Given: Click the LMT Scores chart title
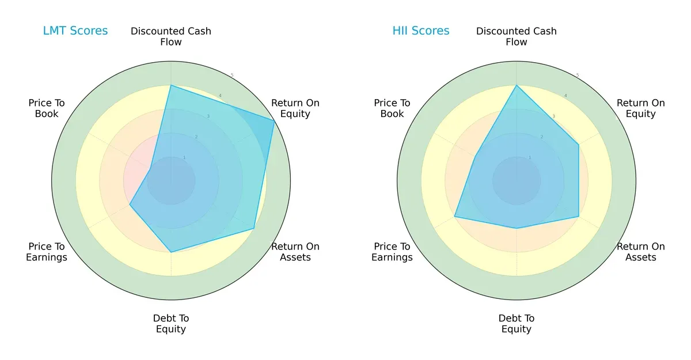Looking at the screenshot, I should pyautogui.click(x=75, y=31).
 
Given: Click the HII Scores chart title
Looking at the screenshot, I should pyautogui.click(x=421, y=31).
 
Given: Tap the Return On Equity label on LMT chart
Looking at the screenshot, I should pyautogui.click(x=295, y=108).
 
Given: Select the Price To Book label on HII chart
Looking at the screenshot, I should pyautogui.click(x=392, y=108).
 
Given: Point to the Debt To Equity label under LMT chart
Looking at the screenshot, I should pyautogui.click(x=171, y=324).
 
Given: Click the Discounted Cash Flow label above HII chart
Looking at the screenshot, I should pyautogui.click(x=517, y=36).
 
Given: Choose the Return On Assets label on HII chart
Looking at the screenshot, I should pyautogui.click(x=640, y=252).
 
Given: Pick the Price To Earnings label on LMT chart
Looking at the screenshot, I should pyautogui.click(x=47, y=252).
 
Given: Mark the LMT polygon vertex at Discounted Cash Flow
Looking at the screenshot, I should pyautogui.click(x=171, y=86).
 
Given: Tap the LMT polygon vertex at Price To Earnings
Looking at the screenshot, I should pyautogui.click(x=130, y=205).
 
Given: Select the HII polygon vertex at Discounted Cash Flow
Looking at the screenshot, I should pyautogui.click(x=517, y=86).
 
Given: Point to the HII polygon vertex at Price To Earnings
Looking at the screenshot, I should pyautogui.click(x=454, y=217).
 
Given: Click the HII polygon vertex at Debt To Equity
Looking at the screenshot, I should pyautogui.click(x=517, y=229).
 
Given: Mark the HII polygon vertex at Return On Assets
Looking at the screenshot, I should pyautogui.click(x=579, y=217).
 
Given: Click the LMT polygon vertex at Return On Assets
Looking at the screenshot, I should pyautogui.click(x=254, y=229).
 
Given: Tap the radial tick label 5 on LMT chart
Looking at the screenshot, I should pyautogui.click(x=232, y=75).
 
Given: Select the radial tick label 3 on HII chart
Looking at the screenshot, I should pyautogui.click(x=554, y=116).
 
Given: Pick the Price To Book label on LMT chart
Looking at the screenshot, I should pyautogui.click(x=47, y=108).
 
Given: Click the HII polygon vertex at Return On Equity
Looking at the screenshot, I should pyautogui.click(x=579, y=145).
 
